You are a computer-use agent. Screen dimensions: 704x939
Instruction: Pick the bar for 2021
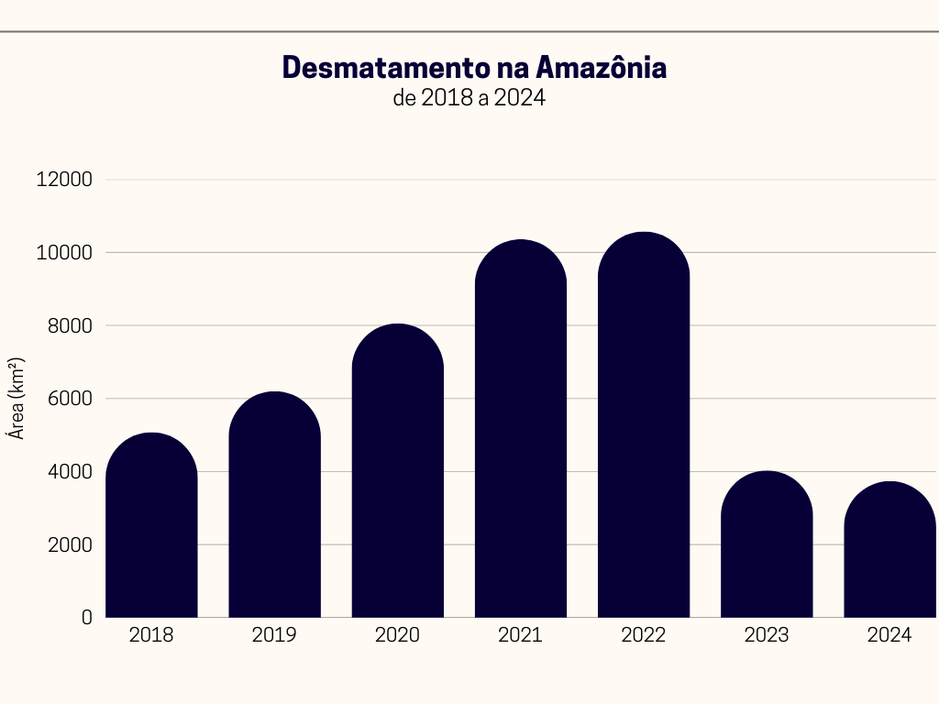(521, 431)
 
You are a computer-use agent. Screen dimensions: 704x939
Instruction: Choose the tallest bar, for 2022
(644, 426)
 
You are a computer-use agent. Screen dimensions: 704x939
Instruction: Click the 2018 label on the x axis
(151, 635)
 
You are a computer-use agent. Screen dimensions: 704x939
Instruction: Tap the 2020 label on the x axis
(397, 635)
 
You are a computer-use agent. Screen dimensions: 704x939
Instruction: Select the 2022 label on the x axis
(644, 635)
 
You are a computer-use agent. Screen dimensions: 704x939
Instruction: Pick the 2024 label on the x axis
(889, 635)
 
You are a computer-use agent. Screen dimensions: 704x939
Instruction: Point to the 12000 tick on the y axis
(64, 180)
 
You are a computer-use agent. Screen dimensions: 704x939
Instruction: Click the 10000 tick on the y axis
(64, 253)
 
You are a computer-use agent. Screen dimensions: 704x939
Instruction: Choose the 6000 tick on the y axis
(70, 399)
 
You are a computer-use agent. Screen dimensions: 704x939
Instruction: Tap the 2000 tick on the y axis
(70, 544)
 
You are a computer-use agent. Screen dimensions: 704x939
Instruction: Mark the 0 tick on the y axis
(87, 618)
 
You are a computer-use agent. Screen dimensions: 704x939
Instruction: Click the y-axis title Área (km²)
(17, 399)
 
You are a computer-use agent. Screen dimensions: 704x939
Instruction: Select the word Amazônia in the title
(601, 68)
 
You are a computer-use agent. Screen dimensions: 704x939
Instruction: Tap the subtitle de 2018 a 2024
(469, 98)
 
